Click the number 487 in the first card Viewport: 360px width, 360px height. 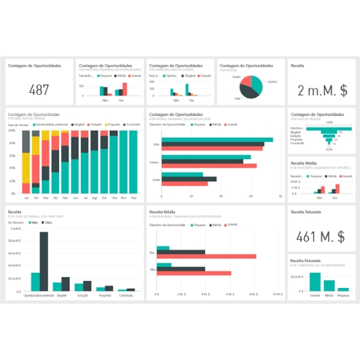(39, 89)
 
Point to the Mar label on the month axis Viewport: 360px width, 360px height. (46, 197)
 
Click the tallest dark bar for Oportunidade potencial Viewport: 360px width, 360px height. (44, 260)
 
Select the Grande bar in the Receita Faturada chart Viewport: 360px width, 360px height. (315, 282)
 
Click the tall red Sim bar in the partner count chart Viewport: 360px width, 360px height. (125, 89)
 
